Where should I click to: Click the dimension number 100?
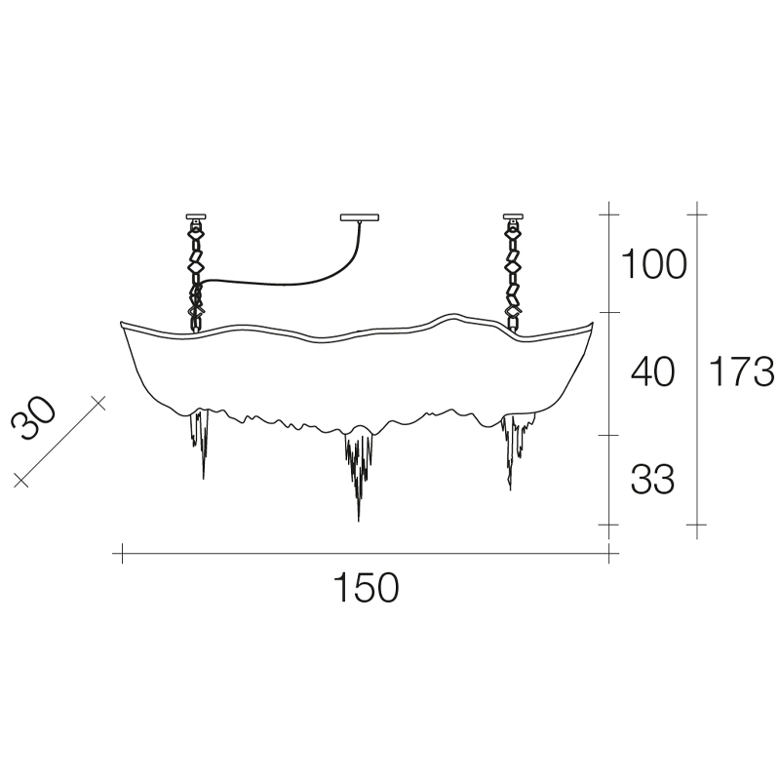[654, 263]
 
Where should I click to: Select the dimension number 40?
[652, 371]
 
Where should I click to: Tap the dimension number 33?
[652, 479]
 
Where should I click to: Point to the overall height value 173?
[741, 371]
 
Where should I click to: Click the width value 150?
[367, 588]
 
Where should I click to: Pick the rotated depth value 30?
[34, 419]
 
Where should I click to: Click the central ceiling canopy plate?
[360, 217]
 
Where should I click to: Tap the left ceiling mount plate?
[196, 216]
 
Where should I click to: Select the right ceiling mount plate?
[513, 216]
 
